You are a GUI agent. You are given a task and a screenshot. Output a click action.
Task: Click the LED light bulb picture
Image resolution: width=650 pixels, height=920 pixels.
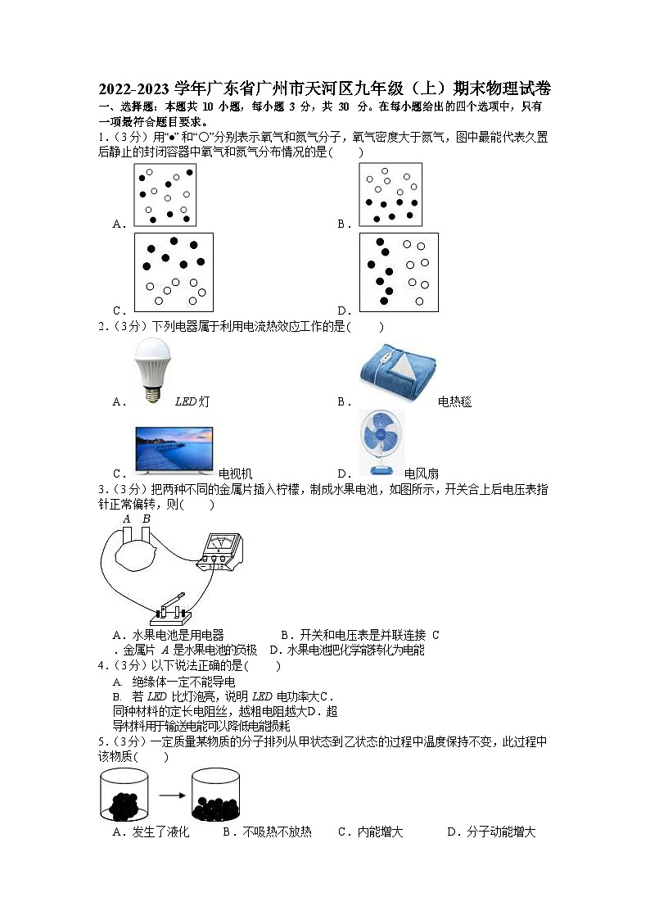coord(150,369)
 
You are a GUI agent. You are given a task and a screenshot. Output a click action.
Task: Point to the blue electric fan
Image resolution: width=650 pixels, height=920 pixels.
coord(381,443)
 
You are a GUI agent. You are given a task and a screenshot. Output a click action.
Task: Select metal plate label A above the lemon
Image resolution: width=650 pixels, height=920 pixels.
coord(127,519)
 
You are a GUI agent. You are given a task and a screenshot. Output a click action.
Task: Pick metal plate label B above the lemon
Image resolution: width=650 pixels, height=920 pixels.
coord(146,519)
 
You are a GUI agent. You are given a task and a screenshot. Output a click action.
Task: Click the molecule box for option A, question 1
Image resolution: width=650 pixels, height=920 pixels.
coord(165,194)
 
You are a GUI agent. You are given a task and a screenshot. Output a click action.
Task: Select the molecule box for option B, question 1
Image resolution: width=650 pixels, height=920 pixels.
coord(390,194)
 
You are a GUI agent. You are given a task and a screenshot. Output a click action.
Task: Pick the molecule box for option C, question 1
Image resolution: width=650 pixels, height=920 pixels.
coord(174,272)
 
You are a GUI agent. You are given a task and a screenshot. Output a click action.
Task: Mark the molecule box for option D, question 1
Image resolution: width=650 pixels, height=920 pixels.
coord(399,272)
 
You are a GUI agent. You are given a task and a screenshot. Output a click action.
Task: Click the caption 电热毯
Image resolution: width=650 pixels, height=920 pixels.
coord(454,401)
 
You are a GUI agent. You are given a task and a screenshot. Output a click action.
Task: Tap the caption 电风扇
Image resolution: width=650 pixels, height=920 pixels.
coord(422,473)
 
